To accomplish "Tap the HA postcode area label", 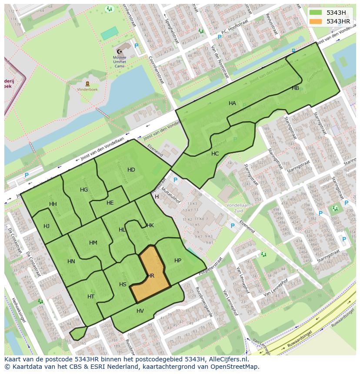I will pyautogui.click(x=232, y=103).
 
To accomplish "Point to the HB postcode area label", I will pyautogui.click(x=295, y=88).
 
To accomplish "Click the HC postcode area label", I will pyautogui.click(x=215, y=154).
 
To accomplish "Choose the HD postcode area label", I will pyautogui.click(x=131, y=170).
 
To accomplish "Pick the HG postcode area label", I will pyautogui.click(x=84, y=190).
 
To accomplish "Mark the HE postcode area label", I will pyautogui.click(x=110, y=203).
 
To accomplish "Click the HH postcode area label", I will pyautogui.click(x=53, y=204).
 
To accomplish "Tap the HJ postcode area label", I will pyautogui.click(x=47, y=226).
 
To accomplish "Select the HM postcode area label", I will pyautogui.click(x=93, y=243).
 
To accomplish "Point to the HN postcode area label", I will pyautogui.click(x=71, y=261).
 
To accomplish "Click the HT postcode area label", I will pyautogui.click(x=91, y=297).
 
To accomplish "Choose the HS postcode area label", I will pyautogui.click(x=123, y=285).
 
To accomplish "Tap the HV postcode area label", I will pyautogui.click(x=140, y=311).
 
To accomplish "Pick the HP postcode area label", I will pyautogui.click(x=177, y=261).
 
